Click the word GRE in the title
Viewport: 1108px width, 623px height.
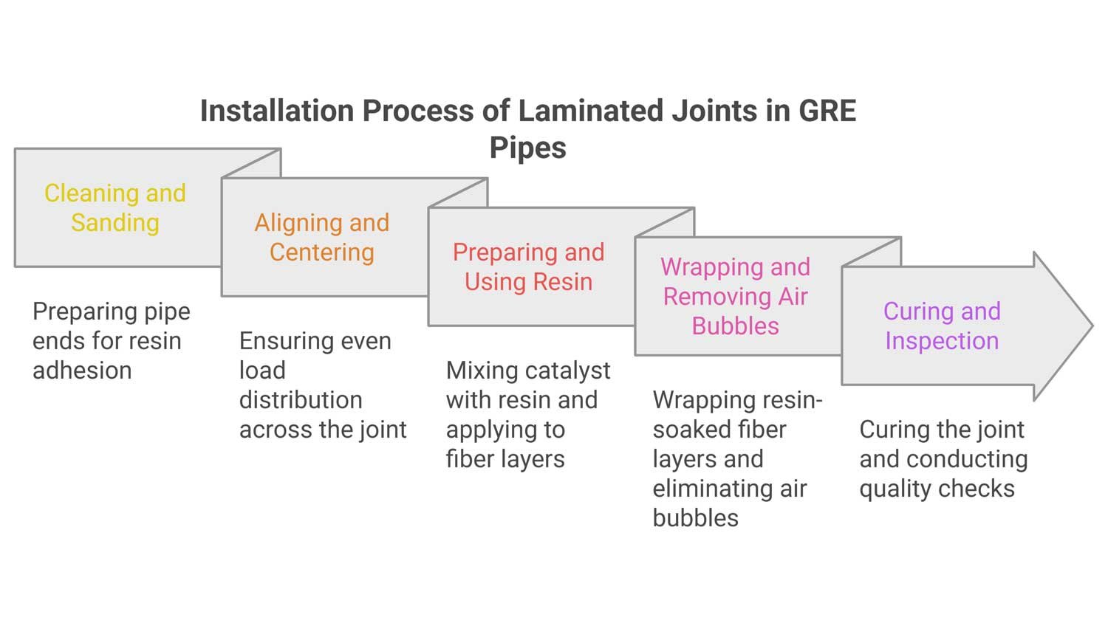pyautogui.click(x=827, y=111)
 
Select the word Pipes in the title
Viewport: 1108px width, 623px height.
pyautogui.click(x=527, y=148)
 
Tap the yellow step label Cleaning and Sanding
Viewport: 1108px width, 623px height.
pyautogui.click(x=115, y=207)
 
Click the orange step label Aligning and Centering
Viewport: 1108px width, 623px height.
pyautogui.click(x=322, y=237)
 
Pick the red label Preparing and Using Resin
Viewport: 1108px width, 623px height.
pyautogui.click(x=528, y=266)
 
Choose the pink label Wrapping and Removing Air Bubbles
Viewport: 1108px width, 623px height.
pyautogui.click(x=735, y=296)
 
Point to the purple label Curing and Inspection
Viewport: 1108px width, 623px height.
pyautogui.click(x=942, y=326)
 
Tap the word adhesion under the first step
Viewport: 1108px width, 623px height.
pyautogui.click(x=82, y=370)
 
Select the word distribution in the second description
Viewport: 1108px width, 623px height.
pyautogui.click(x=301, y=399)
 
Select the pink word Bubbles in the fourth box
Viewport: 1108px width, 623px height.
pyautogui.click(x=735, y=326)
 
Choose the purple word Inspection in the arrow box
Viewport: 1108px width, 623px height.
pyautogui.click(x=942, y=340)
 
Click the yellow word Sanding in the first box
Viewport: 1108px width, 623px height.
pyautogui.click(x=115, y=222)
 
